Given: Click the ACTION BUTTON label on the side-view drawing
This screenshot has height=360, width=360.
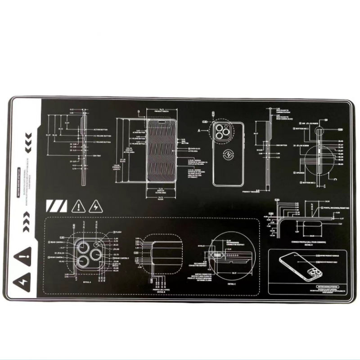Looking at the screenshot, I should pyautogui.click(x=99, y=129).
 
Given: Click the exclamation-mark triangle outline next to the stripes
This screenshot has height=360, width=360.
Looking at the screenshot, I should pyautogui.click(x=79, y=207).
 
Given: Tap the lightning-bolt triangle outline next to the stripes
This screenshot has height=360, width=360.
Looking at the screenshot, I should pyautogui.click(x=96, y=207).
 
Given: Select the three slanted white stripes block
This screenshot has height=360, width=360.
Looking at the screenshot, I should pyautogui.click(x=56, y=207).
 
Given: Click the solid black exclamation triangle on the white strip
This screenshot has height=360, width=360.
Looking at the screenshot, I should pyautogui.click(x=22, y=258).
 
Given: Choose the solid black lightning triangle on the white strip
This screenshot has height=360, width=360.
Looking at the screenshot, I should pyautogui.click(x=22, y=282).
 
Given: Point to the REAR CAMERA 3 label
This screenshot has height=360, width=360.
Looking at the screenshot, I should pyautogui.click(x=122, y=258).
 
